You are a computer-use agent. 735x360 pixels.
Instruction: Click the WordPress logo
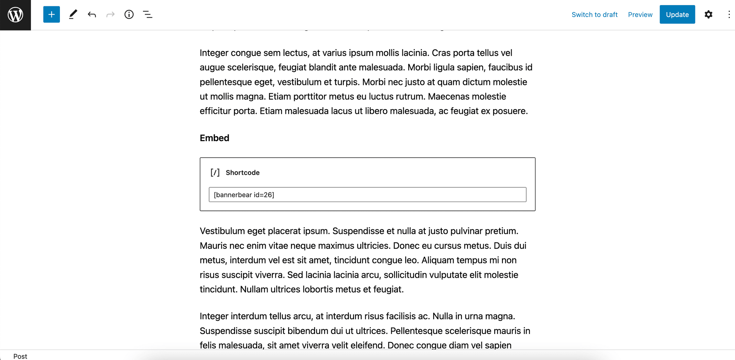coord(15,15)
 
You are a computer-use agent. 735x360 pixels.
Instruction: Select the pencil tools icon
coord(73,15)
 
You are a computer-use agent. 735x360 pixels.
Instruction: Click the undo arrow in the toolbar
coord(92,15)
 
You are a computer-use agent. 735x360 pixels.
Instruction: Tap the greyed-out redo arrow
coord(110,15)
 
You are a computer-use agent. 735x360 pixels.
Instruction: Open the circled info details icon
coord(129,15)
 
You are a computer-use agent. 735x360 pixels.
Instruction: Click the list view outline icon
coord(148,15)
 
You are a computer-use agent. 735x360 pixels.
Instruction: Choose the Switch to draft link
coord(594,15)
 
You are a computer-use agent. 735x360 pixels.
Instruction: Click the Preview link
coord(640,15)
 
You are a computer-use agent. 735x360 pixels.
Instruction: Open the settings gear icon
coord(708,15)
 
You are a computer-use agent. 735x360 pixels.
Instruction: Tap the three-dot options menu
coord(729,15)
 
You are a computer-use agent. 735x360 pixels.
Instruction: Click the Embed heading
coord(214,138)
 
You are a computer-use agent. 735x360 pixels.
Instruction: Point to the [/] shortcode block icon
coord(215,173)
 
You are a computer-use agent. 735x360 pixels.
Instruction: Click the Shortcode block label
coord(243,173)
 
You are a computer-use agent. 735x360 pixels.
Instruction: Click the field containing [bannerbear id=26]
coord(367,195)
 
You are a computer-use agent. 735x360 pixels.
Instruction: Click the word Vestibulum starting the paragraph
coord(222,231)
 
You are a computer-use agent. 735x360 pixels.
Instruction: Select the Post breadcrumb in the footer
coord(20,356)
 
